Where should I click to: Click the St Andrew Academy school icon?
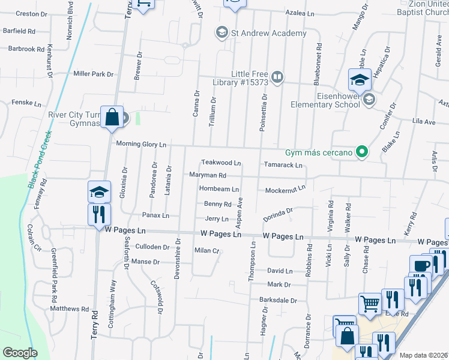221,32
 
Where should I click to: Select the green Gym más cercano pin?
361,152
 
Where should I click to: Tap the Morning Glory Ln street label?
141,144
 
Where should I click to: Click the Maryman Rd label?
208,175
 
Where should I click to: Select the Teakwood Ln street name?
221,163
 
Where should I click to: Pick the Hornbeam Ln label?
219,189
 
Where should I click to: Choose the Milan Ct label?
207,250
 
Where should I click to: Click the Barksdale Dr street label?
279,300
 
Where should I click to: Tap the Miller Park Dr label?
93,74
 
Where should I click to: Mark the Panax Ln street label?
155,215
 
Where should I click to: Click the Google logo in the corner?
20,353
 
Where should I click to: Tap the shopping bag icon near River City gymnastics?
112,116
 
